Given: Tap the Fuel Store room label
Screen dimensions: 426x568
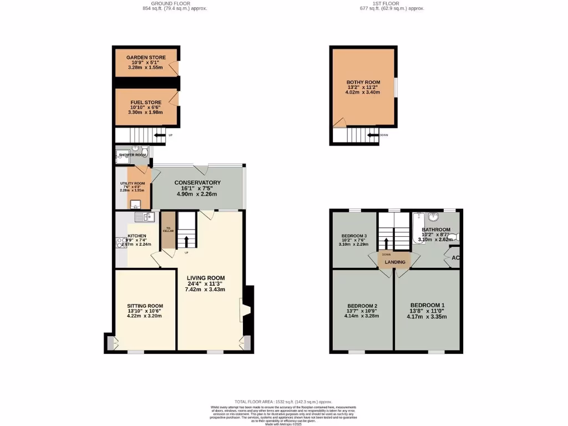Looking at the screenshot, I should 145,102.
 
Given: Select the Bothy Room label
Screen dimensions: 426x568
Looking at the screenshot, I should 363,82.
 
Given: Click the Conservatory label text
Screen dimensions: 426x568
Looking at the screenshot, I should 197,182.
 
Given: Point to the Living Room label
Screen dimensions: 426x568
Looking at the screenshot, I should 205,278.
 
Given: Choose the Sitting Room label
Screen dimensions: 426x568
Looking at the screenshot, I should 145,306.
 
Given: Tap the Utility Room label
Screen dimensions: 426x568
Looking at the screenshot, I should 133,183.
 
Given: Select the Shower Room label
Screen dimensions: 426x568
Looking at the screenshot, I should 132,155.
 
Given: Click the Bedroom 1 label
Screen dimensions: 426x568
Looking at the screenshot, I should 427,306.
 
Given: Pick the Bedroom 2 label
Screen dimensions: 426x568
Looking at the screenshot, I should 362,306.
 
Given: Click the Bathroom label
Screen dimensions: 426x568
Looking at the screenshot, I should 436,229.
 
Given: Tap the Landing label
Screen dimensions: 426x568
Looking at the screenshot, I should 395,262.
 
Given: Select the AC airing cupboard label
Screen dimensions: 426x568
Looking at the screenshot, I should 455,258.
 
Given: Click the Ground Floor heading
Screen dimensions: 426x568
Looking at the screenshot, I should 175,3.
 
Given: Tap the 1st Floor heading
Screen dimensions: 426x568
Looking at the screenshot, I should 392,3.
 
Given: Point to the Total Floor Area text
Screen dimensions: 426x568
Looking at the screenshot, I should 283,401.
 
